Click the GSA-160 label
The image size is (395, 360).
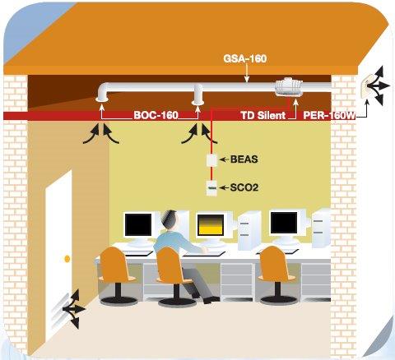[x=245, y=58]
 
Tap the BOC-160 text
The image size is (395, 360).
[x=156, y=115]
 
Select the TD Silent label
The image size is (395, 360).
[x=263, y=115]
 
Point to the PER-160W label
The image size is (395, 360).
[x=329, y=115]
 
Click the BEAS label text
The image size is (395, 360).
[x=244, y=159]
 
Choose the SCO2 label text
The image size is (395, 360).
[x=244, y=187]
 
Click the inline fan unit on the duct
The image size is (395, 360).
[x=289, y=87]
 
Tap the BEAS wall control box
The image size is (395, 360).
[x=211, y=160]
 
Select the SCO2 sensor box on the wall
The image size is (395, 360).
[x=211, y=188]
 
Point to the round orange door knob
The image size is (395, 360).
[x=67, y=259]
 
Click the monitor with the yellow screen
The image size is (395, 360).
[x=211, y=226]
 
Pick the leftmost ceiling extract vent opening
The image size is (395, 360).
[x=101, y=99]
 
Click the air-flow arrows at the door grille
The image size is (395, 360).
[x=72, y=309]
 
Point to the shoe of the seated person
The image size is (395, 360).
[x=211, y=300]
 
